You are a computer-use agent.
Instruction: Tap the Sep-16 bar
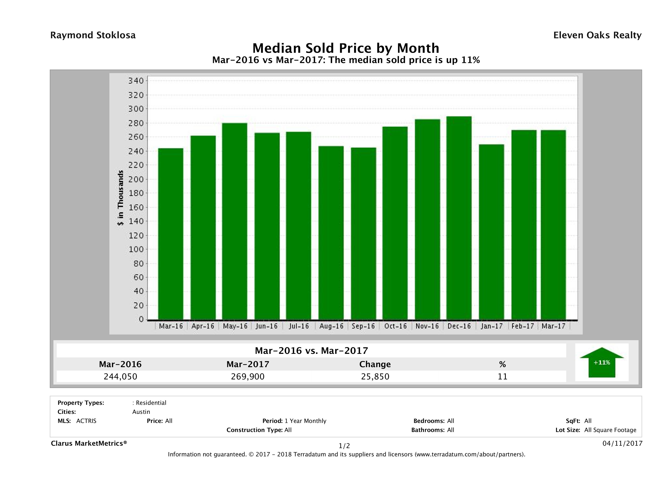[x=363, y=234]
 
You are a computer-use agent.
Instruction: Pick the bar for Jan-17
[x=491, y=232]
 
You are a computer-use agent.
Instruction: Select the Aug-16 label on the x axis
[x=331, y=326]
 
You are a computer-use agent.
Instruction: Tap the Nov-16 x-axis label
[x=427, y=326]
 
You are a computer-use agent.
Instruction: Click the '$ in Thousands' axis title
[x=120, y=198]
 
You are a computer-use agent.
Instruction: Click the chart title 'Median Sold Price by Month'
[x=346, y=48]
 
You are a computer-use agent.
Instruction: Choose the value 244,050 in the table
[x=120, y=376]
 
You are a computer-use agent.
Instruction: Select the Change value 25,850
[x=375, y=376]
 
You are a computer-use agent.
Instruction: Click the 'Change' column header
[x=375, y=364]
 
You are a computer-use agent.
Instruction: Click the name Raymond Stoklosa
[x=93, y=35]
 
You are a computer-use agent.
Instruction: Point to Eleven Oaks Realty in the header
[x=597, y=35]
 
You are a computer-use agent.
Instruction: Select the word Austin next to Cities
[x=141, y=412]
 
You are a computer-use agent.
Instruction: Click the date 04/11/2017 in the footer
[x=622, y=443]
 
